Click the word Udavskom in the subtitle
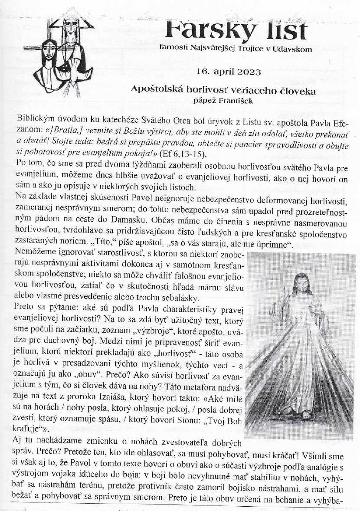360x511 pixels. tap(293, 49)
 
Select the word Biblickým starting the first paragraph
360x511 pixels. tap(35, 118)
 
